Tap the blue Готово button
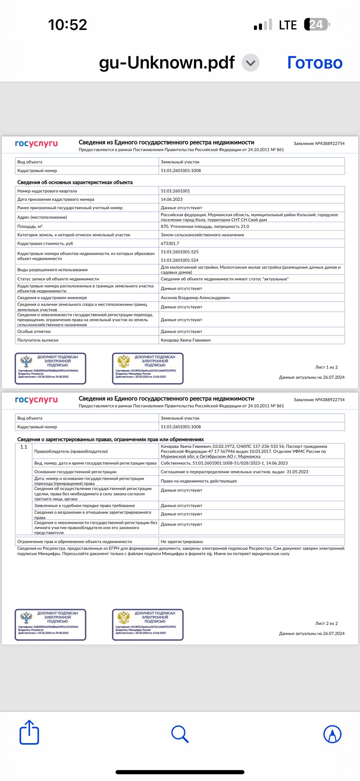[x=315, y=63]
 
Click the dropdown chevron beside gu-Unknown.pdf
[x=251, y=63]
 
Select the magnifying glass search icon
[x=180, y=734]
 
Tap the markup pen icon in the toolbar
[x=332, y=734]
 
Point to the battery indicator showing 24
[x=317, y=25]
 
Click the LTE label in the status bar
[x=288, y=25]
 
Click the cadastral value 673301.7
[x=170, y=243]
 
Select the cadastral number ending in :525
[x=180, y=252]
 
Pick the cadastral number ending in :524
[x=180, y=260]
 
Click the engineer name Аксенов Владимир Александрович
[x=195, y=298]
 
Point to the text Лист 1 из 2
[x=326, y=367]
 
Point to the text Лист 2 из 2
[x=326, y=624]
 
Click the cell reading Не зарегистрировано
[x=182, y=542]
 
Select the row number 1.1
[x=24, y=447]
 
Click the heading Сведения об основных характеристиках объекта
[x=75, y=182]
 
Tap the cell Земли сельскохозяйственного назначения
[x=202, y=235]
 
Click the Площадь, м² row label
[x=30, y=226]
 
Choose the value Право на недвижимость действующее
[x=199, y=481]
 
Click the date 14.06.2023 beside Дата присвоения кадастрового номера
[x=172, y=199]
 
